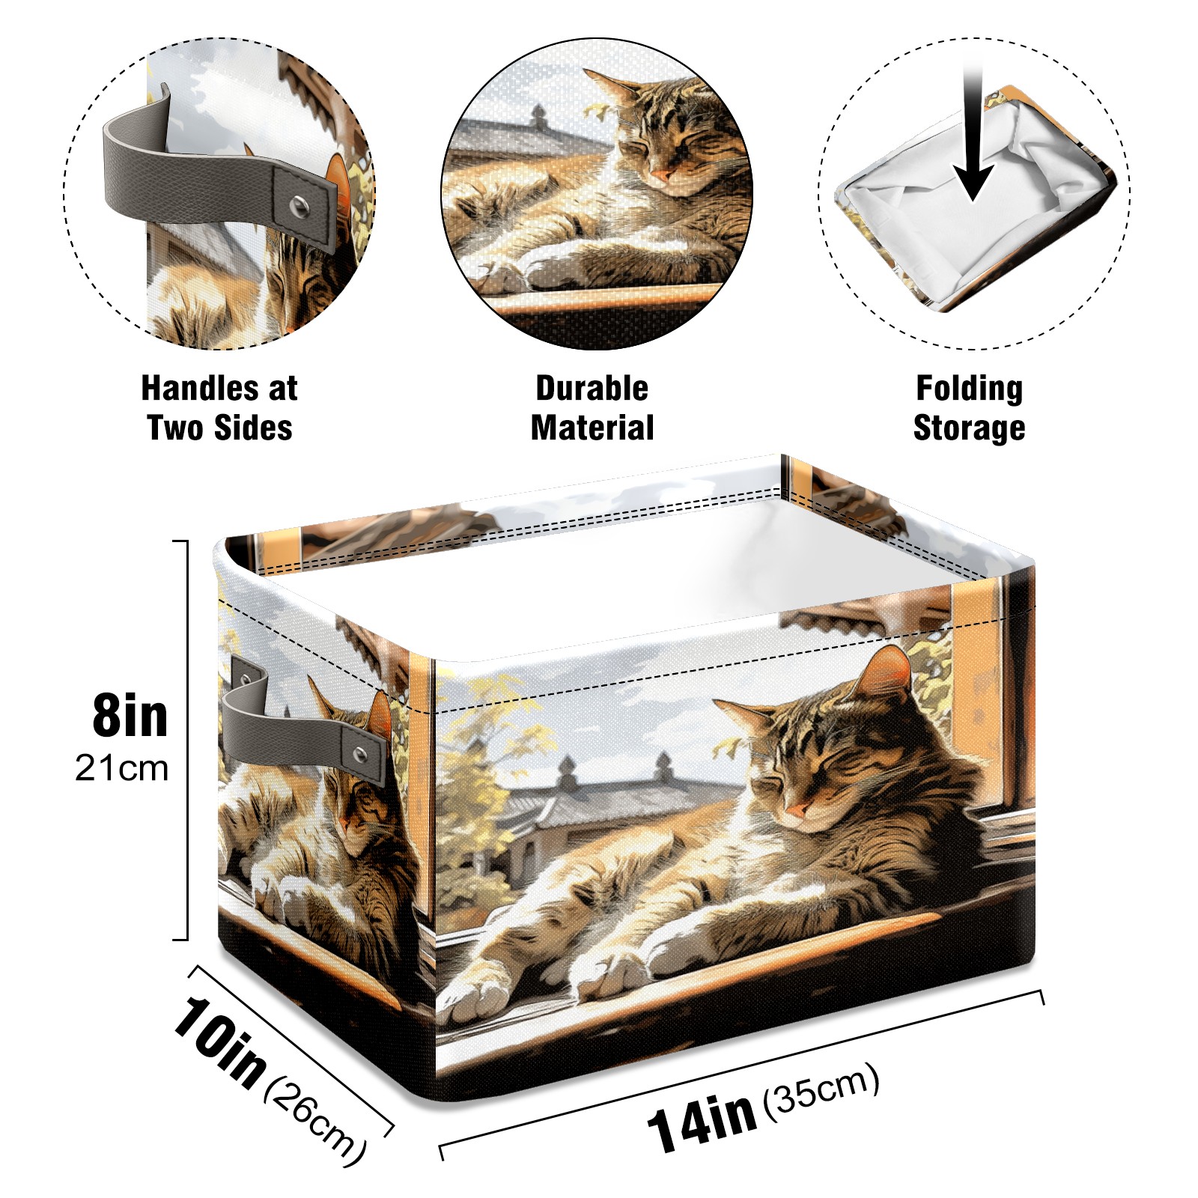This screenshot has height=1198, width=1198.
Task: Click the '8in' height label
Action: click(130, 716)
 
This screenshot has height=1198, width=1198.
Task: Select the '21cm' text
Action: click(122, 768)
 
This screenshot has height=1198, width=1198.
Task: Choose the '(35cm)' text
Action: click(821, 1089)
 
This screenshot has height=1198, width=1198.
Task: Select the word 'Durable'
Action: click(592, 389)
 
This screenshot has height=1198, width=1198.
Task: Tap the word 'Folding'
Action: click(970, 389)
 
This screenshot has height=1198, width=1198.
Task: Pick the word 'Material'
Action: click(592, 428)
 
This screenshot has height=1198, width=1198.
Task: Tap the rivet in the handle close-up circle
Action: click(299, 204)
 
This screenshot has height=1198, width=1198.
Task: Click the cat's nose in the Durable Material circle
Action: click(660, 177)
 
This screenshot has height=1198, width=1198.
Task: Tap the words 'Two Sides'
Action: click(220, 428)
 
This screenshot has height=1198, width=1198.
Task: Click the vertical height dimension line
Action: click(186, 740)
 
